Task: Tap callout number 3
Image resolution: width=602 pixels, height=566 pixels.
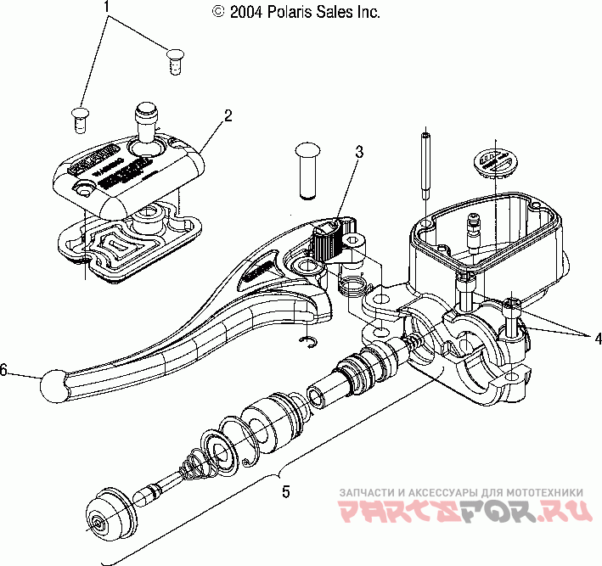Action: pyautogui.click(x=360, y=153)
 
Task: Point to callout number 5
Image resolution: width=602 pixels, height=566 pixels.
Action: pyautogui.click(x=286, y=490)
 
